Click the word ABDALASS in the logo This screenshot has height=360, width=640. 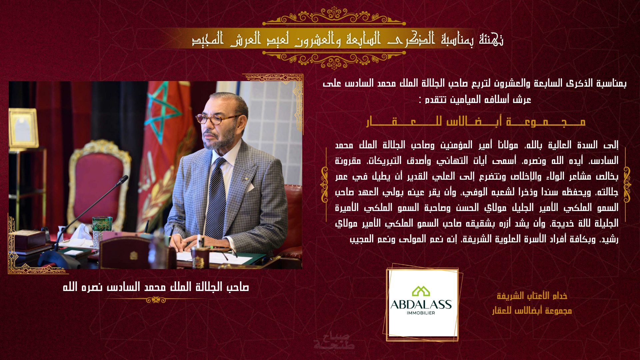(421, 305)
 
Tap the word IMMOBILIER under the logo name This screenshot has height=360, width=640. (421, 313)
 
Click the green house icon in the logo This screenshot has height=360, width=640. (421, 291)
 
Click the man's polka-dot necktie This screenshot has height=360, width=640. (216, 197)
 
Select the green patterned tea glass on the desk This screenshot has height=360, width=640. (97, 231)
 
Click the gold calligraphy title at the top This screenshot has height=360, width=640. (348, 39)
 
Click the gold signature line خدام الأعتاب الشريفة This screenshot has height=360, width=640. (532, 296)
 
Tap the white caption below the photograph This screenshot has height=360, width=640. (156, 287)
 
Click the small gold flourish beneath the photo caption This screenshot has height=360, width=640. (156, 300)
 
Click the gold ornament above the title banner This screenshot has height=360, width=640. (334, 16)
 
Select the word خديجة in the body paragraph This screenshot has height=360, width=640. (561, 223)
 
